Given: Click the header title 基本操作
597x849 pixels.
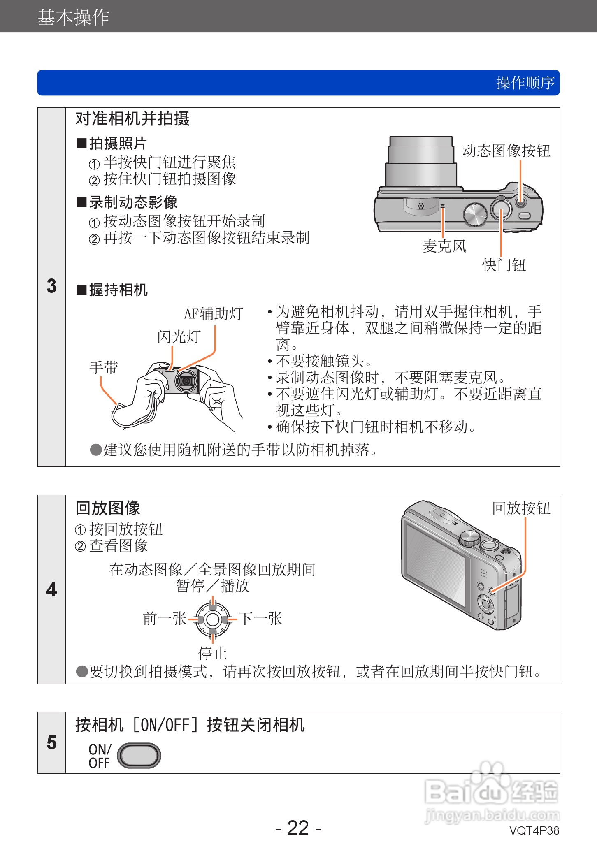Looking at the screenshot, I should tap(73, 17).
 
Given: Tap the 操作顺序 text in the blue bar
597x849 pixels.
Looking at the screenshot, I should tap(525, 83).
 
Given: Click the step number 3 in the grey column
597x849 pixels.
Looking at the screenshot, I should tap(51, 286).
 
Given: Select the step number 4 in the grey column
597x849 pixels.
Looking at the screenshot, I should tap(51, 589).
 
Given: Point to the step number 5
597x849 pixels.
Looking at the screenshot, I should tap(51, 742).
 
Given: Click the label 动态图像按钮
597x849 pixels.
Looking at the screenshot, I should tap(506, 151).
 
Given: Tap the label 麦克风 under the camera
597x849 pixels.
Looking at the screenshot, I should tap(444, 246).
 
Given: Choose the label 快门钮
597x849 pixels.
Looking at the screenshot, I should tap(504, 265).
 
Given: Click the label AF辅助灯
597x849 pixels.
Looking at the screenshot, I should tap(213, 314).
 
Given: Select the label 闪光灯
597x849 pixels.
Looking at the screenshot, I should tap(179, 336).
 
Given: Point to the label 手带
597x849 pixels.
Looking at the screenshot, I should tap(104, 367).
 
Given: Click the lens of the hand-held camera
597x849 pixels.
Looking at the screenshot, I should tap(186, 381).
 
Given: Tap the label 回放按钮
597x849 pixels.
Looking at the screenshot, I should tap(521, 508).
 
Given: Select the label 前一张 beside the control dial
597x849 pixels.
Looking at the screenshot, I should tap(165, 618).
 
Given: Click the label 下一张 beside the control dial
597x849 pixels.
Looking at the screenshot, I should tap(260, 618).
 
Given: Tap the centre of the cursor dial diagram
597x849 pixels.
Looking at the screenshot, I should tap(212, 619).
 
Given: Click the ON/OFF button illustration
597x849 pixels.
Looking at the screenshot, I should tap(139, 756).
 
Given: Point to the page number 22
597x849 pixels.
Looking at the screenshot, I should tap(298, 828).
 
